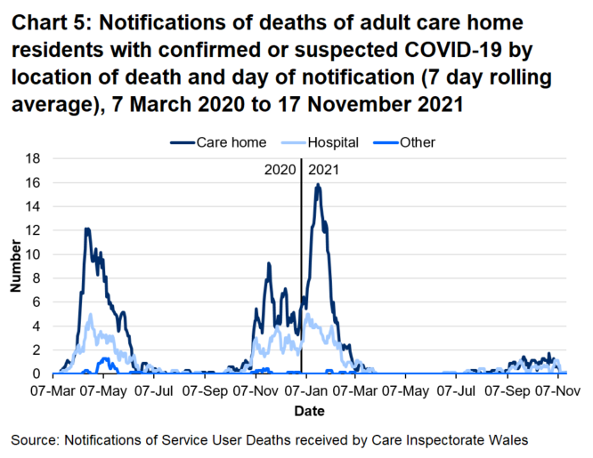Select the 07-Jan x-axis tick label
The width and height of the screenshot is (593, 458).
coord(306,390)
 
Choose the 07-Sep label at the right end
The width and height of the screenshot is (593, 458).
coord(507,390)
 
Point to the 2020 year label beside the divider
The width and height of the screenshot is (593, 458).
coord(280,168)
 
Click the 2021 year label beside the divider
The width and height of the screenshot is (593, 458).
coord(323,168)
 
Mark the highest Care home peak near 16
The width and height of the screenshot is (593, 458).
coord(318,185)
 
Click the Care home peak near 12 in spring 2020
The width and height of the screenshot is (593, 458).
coord(87,229)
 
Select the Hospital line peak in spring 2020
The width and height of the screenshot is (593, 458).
coord(90,314)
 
